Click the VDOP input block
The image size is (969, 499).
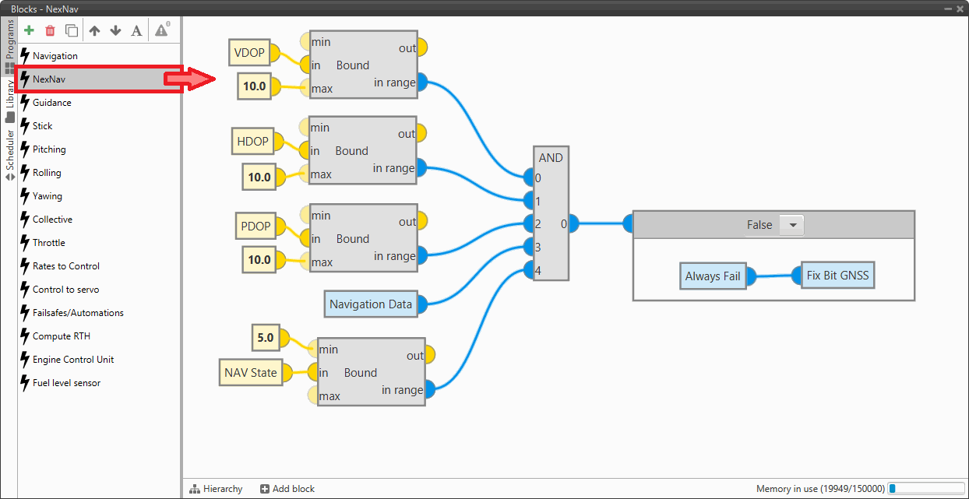(x=250, y=53)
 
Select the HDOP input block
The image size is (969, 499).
(x=252, y=141)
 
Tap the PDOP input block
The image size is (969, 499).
(x=255, y=227)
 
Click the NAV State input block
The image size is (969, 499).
(x=250, y=372)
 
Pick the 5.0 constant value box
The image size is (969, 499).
(x=265, y=338)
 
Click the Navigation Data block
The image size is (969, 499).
(x=370, y=304)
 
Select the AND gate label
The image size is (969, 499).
(x=551, y=157)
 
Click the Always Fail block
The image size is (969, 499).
(x=712, y=276)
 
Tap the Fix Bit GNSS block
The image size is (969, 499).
(x=838, y=275)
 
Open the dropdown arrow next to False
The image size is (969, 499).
(x=793, y=225)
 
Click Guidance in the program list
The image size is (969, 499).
(x=52, y=103)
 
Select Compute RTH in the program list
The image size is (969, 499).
(x=62, y=336)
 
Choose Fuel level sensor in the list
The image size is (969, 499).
(x=66, y=383)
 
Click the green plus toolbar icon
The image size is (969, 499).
(x=30, y=30)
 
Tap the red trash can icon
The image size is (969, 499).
(x=50, y=30)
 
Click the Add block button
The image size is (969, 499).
(x=287, y=489)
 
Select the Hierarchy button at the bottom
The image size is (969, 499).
(x=216, y=489)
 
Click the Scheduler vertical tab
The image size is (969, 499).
(x=9, y=153)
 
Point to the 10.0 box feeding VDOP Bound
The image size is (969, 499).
(x=254, y=86)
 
